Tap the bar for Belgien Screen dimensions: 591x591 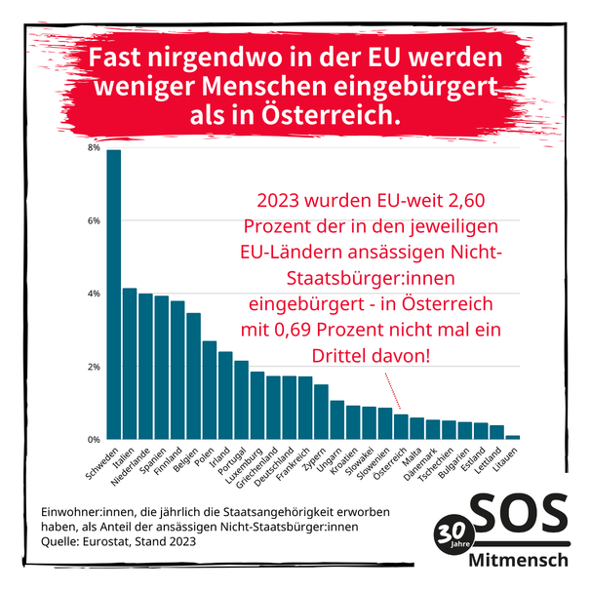coord(194,376)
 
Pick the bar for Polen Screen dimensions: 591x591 coord(210,390)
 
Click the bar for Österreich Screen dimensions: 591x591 coord(401,427)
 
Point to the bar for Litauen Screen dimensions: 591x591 coord(513,437)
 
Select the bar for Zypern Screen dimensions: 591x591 coord(321,412)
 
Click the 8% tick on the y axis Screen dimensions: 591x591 coord(94,148)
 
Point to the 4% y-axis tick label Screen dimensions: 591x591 coord(94,294)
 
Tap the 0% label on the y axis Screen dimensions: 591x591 coord(94,440)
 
